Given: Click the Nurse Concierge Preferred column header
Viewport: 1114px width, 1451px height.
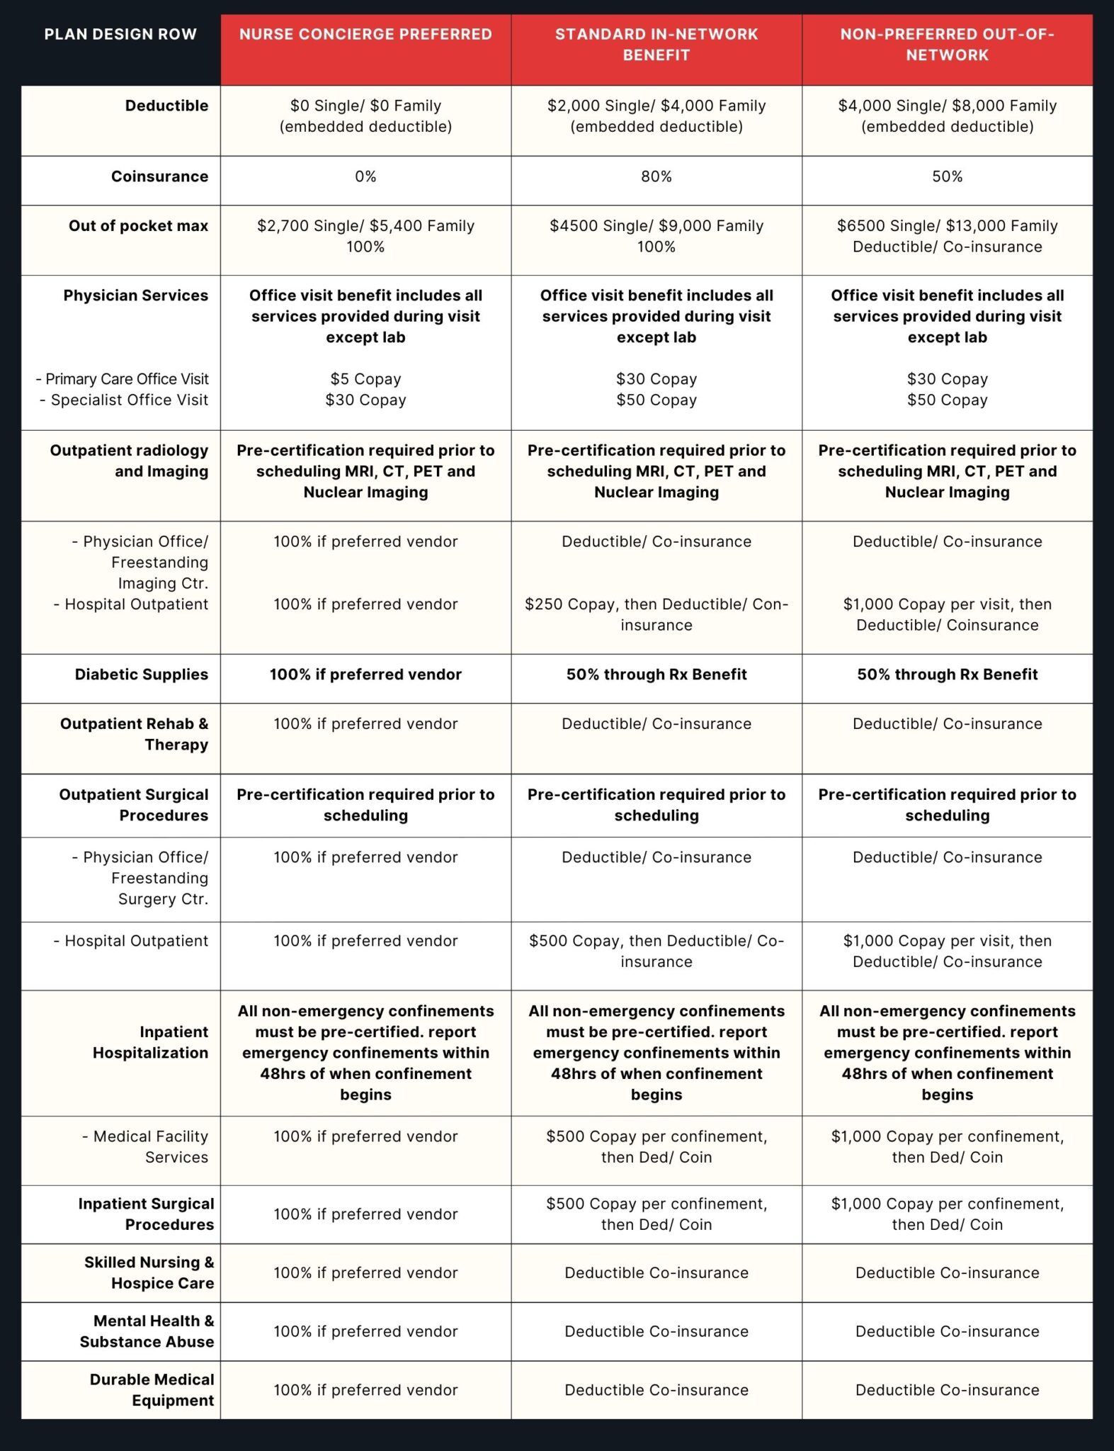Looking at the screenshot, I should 365,35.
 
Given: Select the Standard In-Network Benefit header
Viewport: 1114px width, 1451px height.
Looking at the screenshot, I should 656,45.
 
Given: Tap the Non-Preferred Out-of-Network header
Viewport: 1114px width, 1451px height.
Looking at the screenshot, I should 947,45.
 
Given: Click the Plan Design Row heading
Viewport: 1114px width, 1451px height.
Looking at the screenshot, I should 120,35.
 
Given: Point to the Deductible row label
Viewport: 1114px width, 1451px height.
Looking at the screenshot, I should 166,106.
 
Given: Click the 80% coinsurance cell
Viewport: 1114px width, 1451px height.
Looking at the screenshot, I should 656,177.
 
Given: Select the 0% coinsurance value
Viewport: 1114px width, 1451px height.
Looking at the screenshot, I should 365,177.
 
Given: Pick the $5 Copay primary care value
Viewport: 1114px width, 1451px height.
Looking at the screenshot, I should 365,379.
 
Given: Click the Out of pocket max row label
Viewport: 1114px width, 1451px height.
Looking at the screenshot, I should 138,226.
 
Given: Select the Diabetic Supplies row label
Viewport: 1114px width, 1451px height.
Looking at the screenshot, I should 141,674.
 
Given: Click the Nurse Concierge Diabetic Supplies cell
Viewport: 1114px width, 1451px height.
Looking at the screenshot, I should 365,674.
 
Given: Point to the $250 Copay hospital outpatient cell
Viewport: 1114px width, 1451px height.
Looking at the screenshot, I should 656,614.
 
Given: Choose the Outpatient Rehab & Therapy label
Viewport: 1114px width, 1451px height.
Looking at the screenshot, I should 135,734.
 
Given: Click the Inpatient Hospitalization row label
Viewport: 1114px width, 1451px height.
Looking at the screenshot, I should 150,1042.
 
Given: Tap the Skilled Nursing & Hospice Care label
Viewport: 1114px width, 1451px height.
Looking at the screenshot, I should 149,1272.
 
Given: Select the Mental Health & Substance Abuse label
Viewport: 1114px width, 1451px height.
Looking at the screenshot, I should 147,1331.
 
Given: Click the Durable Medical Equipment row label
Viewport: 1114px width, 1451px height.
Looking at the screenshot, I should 152,1389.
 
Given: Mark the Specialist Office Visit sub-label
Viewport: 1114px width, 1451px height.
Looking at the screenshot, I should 124,400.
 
